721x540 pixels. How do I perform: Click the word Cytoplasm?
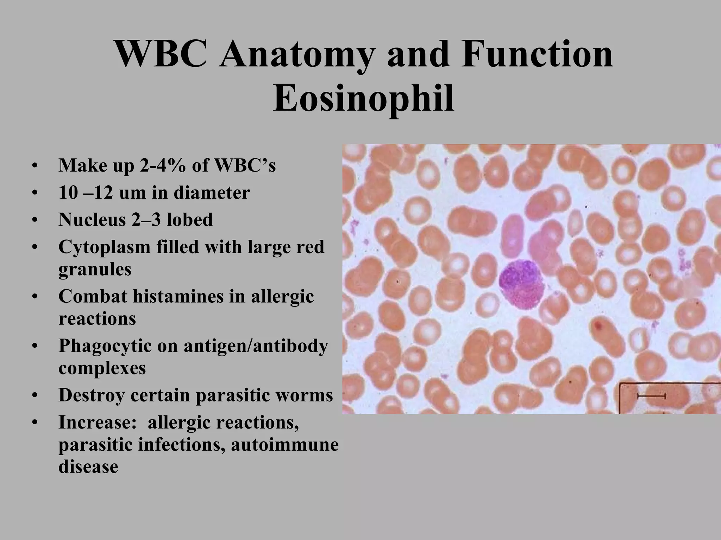click(104, 247)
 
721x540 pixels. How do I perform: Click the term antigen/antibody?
click(256, 346)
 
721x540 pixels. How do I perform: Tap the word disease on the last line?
click(88, 467)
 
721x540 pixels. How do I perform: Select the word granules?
click(95, 270)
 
